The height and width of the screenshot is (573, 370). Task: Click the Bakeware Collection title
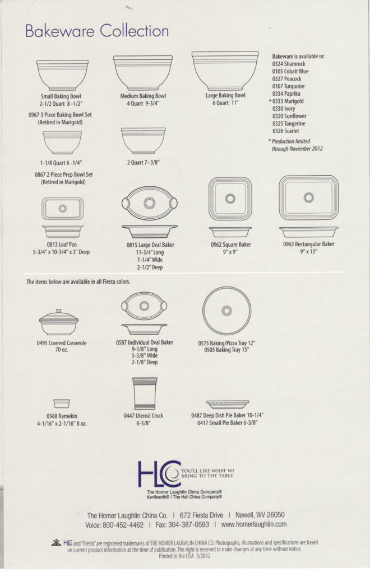(x=96, y=31)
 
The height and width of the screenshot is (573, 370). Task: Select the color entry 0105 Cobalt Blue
(x=290, y=72)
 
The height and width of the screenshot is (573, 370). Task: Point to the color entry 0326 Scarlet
(x=286, y=131)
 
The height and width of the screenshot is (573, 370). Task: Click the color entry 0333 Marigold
(x=288, y=101)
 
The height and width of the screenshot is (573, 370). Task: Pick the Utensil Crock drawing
(x=144, y=394)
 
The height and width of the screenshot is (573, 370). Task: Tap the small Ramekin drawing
(x=62, y=403)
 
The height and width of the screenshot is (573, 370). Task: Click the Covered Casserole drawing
(x=59, y=323)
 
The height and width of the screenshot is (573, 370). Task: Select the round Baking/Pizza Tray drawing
(x=226, y=311)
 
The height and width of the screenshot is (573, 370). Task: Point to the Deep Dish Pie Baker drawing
(x=227, y=403)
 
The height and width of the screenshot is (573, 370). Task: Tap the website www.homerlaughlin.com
(x=254, y=524)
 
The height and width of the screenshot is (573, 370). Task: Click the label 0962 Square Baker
(x=230, y=245)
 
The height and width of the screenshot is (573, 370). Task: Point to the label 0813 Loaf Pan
(x=62, y=245)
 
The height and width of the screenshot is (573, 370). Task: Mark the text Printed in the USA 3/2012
(x=185, y=556)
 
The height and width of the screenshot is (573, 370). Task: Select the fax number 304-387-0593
(x=188, y=524)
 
